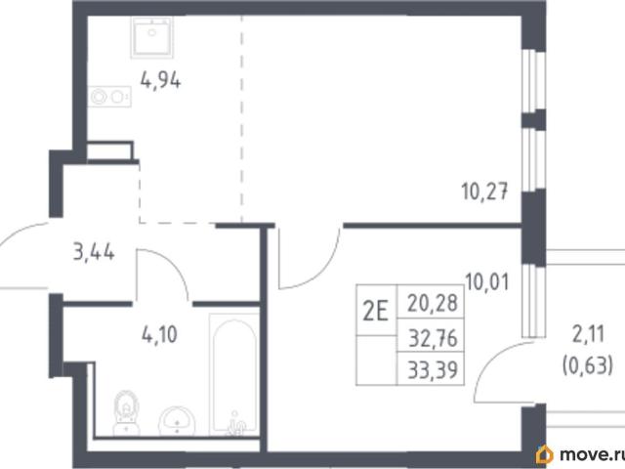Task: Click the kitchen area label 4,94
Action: point(160,81)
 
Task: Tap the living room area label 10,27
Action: point(484,192)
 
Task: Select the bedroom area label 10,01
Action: point(487,282)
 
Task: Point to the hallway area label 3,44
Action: point(94,252)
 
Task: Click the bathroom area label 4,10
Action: point(159,334)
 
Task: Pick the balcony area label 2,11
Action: point(589,334)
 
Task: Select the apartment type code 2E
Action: point(375,311)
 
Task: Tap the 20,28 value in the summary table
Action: point(433,303)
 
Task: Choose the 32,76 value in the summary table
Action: point(433,339)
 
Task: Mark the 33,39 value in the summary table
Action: point(433,369)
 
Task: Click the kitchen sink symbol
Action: point(152,37)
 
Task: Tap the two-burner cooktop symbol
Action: point(109,97)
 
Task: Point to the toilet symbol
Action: point(126,412)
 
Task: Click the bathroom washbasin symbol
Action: point(177,421)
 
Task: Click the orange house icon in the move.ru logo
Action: point(545,454)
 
